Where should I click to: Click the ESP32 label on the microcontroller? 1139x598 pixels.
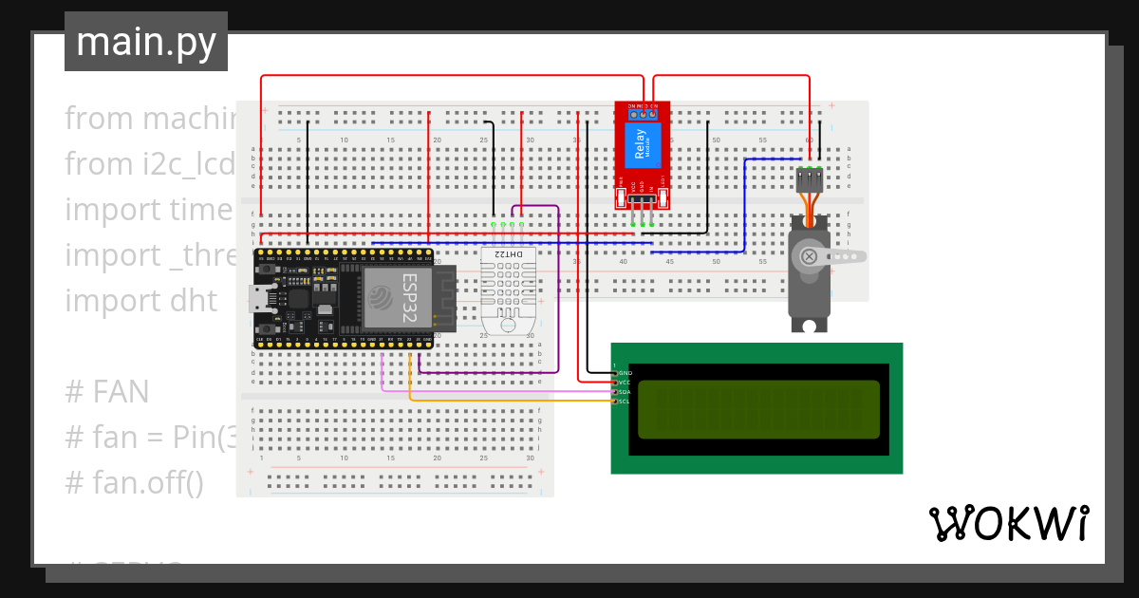tap(410, 296)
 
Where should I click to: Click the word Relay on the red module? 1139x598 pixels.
tap(641, 150)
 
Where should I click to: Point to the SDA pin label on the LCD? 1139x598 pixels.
tap(624, 392)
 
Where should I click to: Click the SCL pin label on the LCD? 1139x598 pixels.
tap(624, 402)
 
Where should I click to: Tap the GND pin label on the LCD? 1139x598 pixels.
tap(625, 373)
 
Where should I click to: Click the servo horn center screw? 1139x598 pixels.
tap(810, 256)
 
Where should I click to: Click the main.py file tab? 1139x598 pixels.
tap(146, 42)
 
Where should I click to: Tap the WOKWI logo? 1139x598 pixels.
tap(1008, 523)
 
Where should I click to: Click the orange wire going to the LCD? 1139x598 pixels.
tap(513, 401)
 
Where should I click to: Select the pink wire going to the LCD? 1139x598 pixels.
tap(494, 390)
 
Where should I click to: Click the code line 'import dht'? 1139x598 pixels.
tap(140, 301)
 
